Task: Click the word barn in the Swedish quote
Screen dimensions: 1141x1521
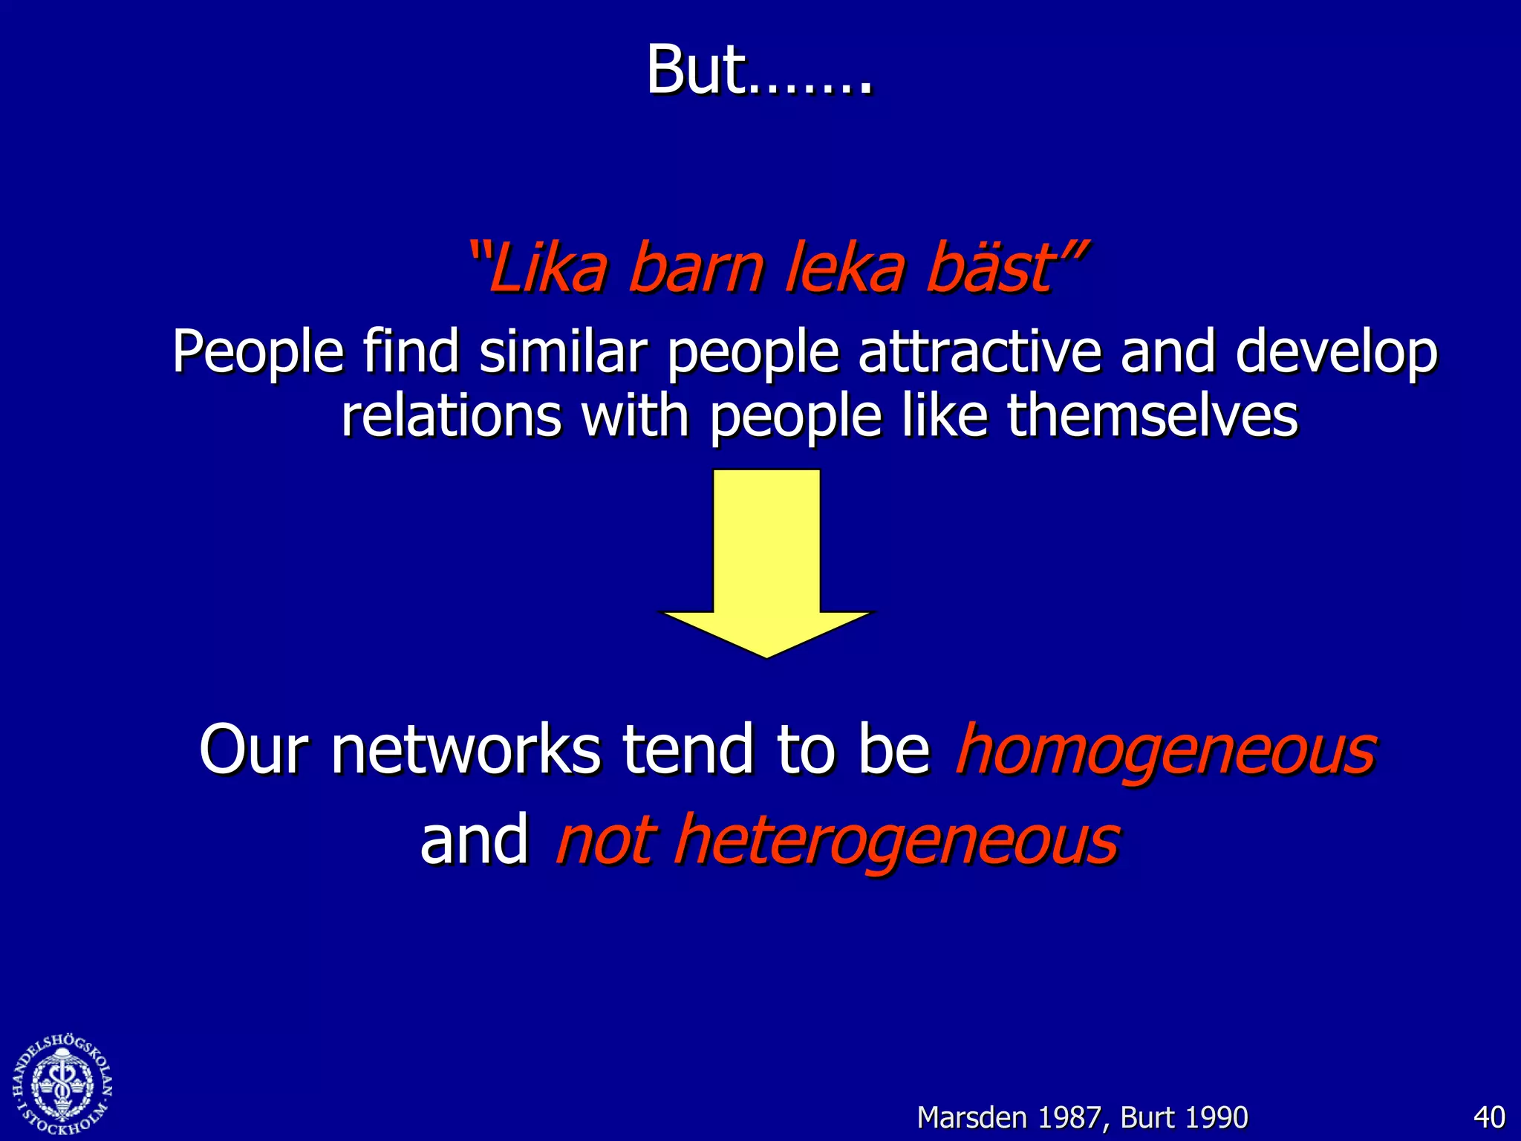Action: point(695,267)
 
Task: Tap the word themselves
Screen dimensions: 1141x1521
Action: point(1153,416)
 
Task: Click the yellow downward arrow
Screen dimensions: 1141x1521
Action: point(766,565)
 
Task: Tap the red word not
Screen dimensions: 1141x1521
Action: point(606,841)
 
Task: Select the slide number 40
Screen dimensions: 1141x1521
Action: point(1488,1117)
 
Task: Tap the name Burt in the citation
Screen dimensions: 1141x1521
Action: point(1147,1117)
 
